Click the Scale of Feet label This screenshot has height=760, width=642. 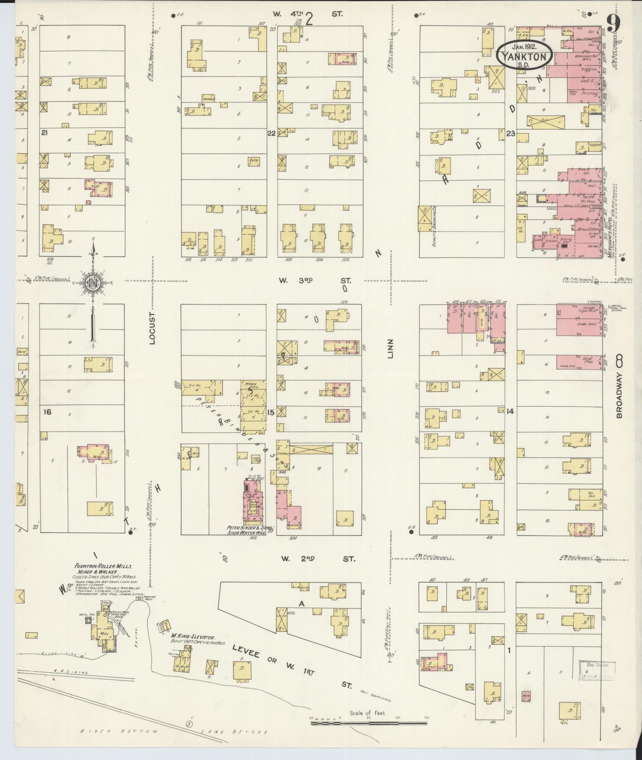pos(368,713)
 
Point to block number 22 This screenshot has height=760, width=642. pos(271,133)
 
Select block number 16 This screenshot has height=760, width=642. pos(48,412)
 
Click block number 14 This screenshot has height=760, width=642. pos(510,411)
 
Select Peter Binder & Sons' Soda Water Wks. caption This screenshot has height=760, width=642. pos(246,530)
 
